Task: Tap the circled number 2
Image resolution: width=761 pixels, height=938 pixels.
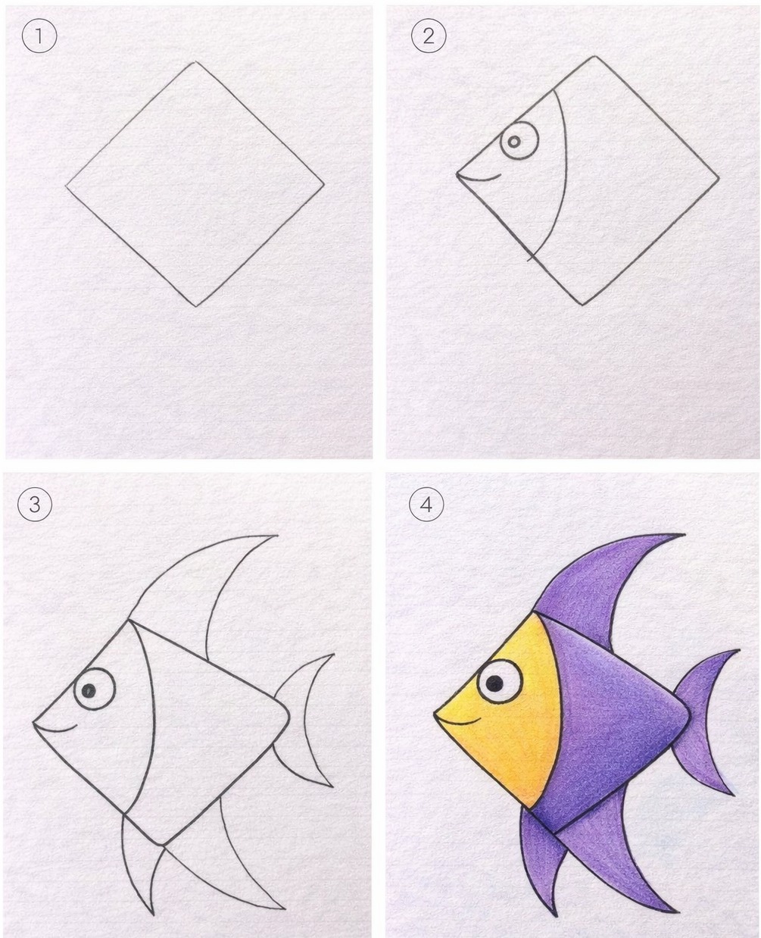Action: [429, 36]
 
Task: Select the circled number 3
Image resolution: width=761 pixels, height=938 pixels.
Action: [35, 505]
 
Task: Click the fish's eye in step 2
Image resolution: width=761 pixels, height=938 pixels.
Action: [519, 141]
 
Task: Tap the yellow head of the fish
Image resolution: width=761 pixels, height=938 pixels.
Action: [506, 722]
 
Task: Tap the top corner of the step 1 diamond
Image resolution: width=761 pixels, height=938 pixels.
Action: [195, 61]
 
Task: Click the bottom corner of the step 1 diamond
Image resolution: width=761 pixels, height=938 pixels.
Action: [196, 306]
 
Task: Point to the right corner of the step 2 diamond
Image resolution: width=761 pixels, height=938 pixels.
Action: [719, 178]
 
